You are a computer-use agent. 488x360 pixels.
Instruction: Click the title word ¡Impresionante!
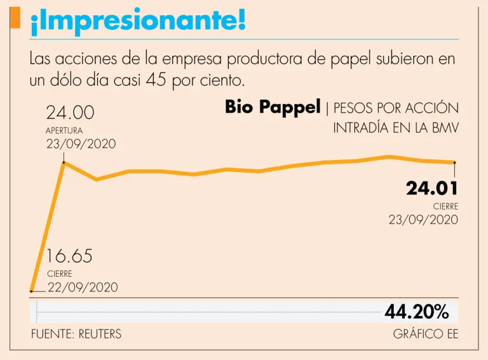[137, 22]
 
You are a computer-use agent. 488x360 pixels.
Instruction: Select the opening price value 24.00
[70, 113]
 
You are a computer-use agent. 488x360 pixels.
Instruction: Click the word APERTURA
[64, 131]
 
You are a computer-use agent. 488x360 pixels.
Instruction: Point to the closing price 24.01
[432, 189]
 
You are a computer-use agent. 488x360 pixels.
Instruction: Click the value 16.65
[69, 257]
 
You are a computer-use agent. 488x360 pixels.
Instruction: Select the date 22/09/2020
[83, 287]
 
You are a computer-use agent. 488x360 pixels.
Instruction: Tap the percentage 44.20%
[416, 312]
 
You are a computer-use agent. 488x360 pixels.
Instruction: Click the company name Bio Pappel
[273, 107]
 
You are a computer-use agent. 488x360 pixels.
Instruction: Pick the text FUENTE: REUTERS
[76, 334]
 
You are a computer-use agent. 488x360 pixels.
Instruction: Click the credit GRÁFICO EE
[425, 334]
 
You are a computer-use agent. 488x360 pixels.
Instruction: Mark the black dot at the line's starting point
[32, 291]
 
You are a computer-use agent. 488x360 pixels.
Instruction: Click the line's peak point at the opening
[64, 163]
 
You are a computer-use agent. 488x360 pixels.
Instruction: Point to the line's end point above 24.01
[454, 163]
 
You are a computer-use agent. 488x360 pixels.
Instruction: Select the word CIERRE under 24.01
[445, 206]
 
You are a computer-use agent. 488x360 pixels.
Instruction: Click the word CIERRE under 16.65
[59, 274]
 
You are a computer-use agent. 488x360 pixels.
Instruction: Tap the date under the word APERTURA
[81, 143]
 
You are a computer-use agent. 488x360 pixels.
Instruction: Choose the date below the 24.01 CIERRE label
[423, 220]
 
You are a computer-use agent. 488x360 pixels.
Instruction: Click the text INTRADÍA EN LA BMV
[396, 128]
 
